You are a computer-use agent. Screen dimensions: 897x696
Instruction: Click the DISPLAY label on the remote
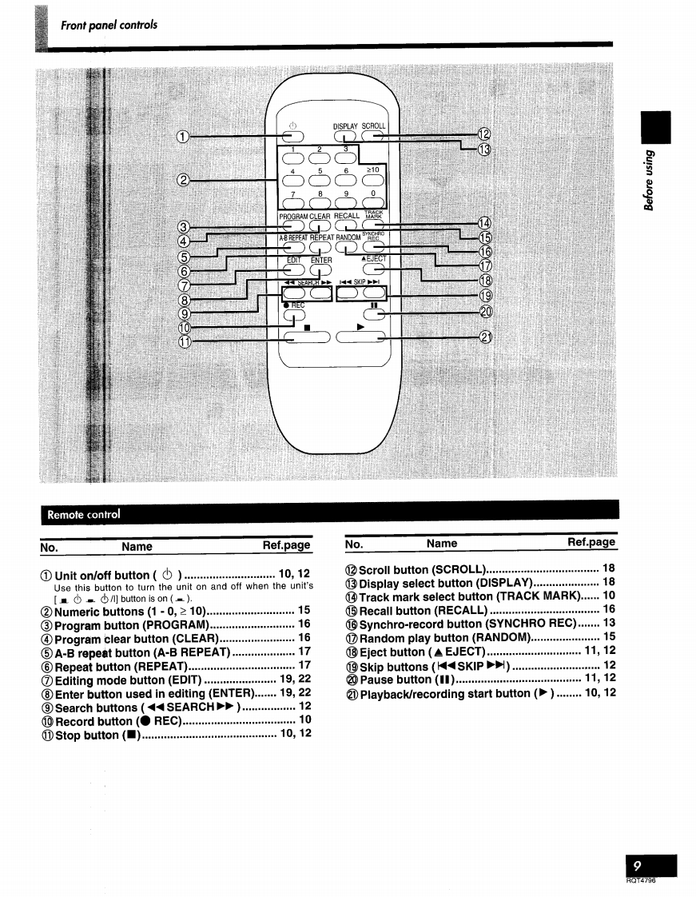(x=345, y=126)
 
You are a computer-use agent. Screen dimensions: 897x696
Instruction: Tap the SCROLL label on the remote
(x=374, y=126)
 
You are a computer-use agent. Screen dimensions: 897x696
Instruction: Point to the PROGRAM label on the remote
(x=293, y=216)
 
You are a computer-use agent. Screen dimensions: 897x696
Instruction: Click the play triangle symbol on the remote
(x=360, y=326)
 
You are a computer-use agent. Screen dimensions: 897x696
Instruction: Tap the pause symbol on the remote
(x=373, y=305)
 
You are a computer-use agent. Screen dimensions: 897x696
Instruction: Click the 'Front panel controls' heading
(x=109, y=25)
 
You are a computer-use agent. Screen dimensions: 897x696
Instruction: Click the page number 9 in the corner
(x=638, y=866)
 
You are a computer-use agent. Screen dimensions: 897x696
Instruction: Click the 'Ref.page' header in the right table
(x=591, y=543)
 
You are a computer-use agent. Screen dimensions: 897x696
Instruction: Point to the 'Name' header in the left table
(x=137, y=546)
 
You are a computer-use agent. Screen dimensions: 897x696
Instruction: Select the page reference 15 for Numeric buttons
(x=304, y=610)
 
